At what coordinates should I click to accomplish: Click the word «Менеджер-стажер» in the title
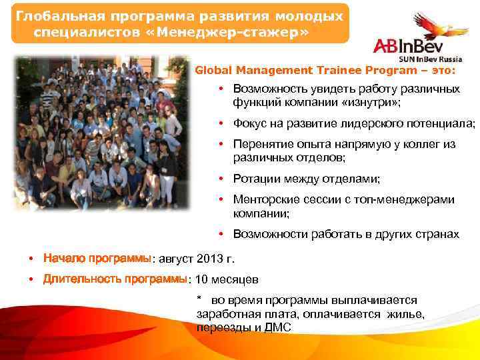coord(243,31)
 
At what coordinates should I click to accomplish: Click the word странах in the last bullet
coord(437,234)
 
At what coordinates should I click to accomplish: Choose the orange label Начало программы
coord(97,259)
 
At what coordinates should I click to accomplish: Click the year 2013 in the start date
coord(214,259)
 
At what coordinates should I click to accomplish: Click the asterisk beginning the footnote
coord(199,298)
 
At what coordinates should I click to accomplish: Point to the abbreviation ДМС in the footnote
coord(277,328)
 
